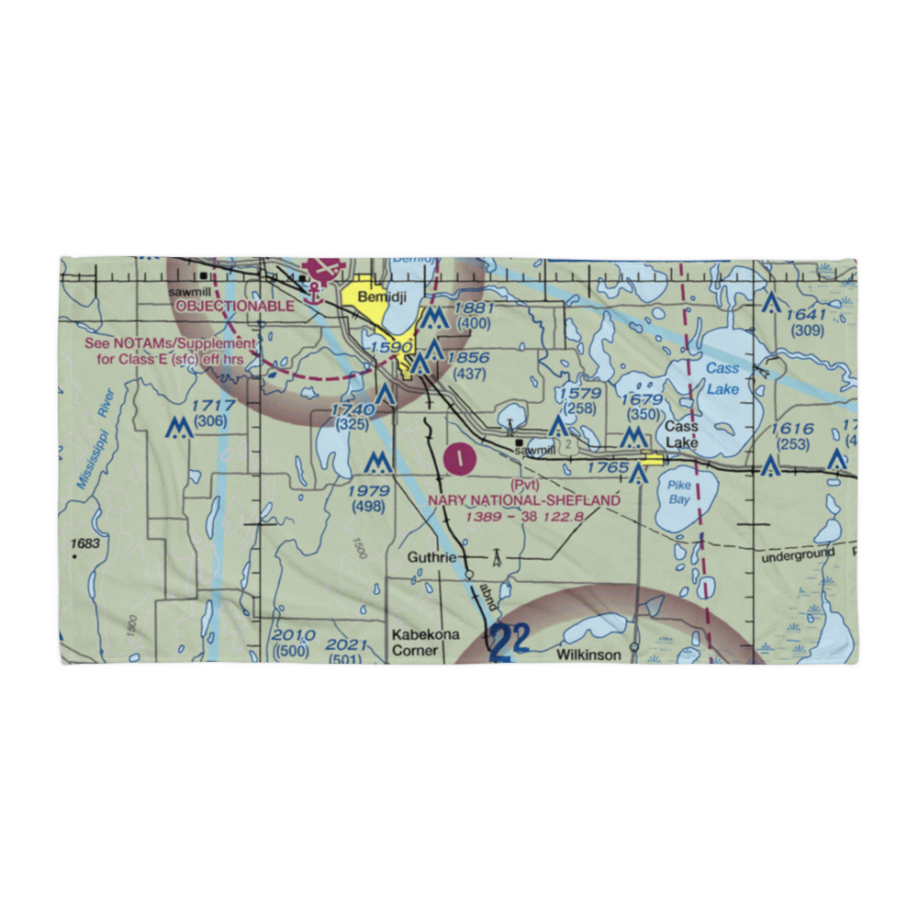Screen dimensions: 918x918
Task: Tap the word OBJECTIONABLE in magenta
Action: pyautogui.click(x=236, y=306)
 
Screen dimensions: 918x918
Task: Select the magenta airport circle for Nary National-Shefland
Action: pyautogui.click(x=459, y=456)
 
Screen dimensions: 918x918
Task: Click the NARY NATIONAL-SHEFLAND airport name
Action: pyautogui.click(x=524, y=500)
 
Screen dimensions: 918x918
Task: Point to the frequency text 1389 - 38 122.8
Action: pyautogui.click(x=524, y=517)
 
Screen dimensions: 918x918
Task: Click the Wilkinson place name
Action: pyautogui.click(x=594, y=655)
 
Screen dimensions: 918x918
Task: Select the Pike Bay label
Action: pyautogui.click(x=679, y=492)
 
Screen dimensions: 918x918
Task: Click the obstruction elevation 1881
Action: pyautogui.click(x=473, y=308)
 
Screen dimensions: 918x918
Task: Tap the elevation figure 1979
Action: pyautogui.click(x=369, y=490)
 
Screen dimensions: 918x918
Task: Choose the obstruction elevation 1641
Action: pyautogui.click(x=806, y=315)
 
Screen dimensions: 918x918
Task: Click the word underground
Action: pyautogui.click(x=798, y=554)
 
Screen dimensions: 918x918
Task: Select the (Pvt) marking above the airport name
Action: pyautogui.click(x=523, y=484)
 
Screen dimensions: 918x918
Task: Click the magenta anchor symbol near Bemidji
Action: pyautogui.click(x=314, y=293)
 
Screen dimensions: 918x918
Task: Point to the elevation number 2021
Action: pyautogui.click(x=347, y=644)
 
